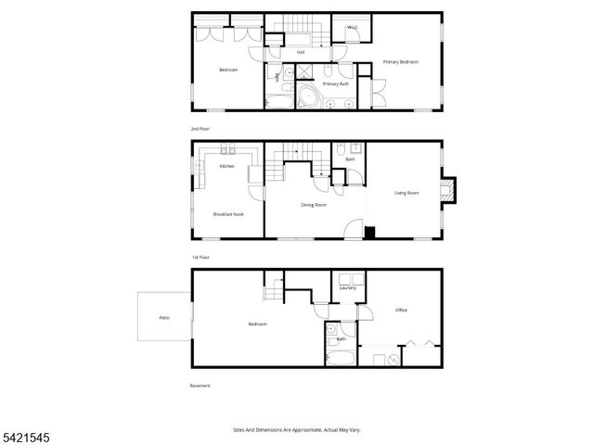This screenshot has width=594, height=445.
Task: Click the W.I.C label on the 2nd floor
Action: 353,28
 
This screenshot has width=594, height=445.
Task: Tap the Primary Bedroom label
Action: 401,62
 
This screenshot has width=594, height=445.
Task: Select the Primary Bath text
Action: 336,84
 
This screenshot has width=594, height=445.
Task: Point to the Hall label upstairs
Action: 301,52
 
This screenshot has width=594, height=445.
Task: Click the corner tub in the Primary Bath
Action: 305,96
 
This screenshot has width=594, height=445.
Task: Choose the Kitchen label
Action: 226,166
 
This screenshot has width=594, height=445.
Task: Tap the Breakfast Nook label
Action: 227,213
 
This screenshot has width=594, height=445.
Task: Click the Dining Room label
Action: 314,205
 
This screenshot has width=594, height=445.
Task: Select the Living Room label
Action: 407,193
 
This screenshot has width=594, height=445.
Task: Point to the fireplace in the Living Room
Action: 449,190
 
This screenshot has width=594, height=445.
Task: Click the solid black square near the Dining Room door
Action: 368,233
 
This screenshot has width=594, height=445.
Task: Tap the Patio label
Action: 163,318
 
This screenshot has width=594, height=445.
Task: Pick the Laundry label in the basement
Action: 349,288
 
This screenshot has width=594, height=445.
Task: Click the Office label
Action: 401,310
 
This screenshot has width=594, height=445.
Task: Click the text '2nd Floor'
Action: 200,128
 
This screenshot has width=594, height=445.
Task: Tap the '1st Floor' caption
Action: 200,257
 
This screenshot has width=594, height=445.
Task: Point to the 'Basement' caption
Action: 200,386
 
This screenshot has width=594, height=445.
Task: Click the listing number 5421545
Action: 21,431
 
